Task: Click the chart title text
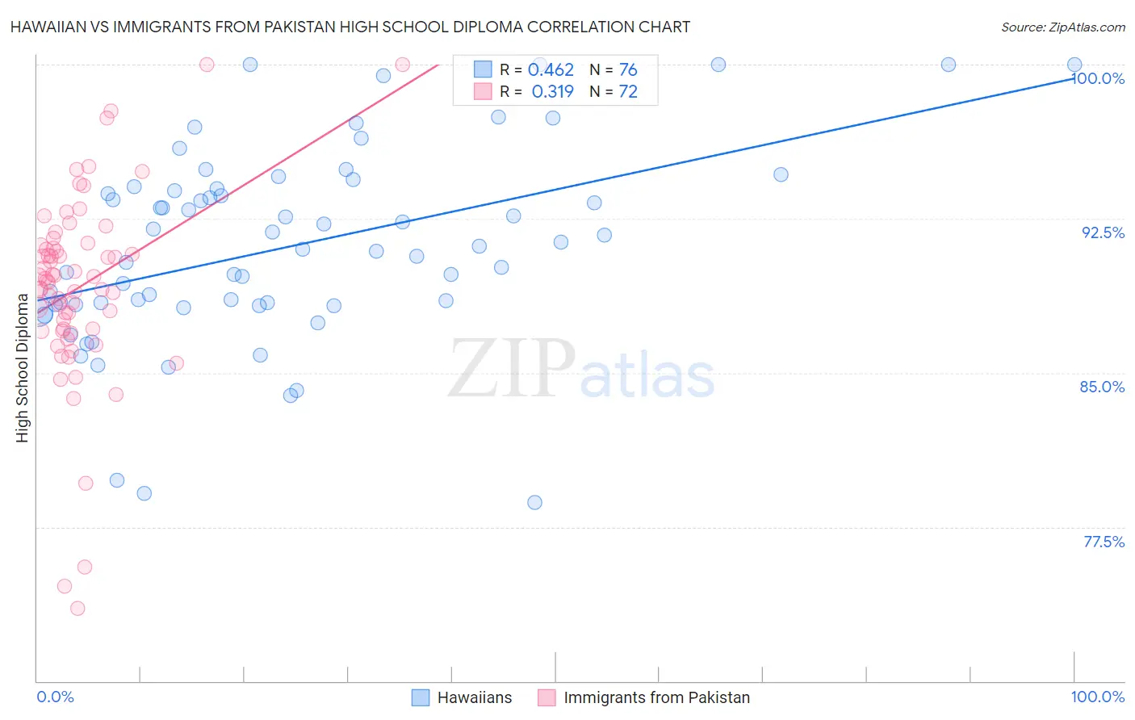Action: coord(350,27)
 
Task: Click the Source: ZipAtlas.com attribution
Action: coord(1062,27)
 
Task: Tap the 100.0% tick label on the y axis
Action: coord(1098,78)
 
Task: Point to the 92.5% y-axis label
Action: coord(1103,232)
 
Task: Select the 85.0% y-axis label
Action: coord(1102,387)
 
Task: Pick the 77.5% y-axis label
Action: coord(1103,542)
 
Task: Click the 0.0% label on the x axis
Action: coord(55,697)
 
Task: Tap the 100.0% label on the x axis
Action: coord(1097,697)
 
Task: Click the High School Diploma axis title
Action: coord(23,368)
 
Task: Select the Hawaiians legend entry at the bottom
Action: coord(474,697)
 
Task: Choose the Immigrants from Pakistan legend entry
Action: coord(656,697)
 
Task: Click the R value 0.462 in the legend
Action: coord(551,70)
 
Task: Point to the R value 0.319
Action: coord(552,92)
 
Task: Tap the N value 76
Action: coord(628,70)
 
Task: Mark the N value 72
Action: coord(628,92)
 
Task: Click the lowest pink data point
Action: coord(77,608)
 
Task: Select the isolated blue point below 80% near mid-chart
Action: coord(534,502)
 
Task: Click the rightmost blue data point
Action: coord(1074,65)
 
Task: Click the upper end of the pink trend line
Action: coord(438,65)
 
